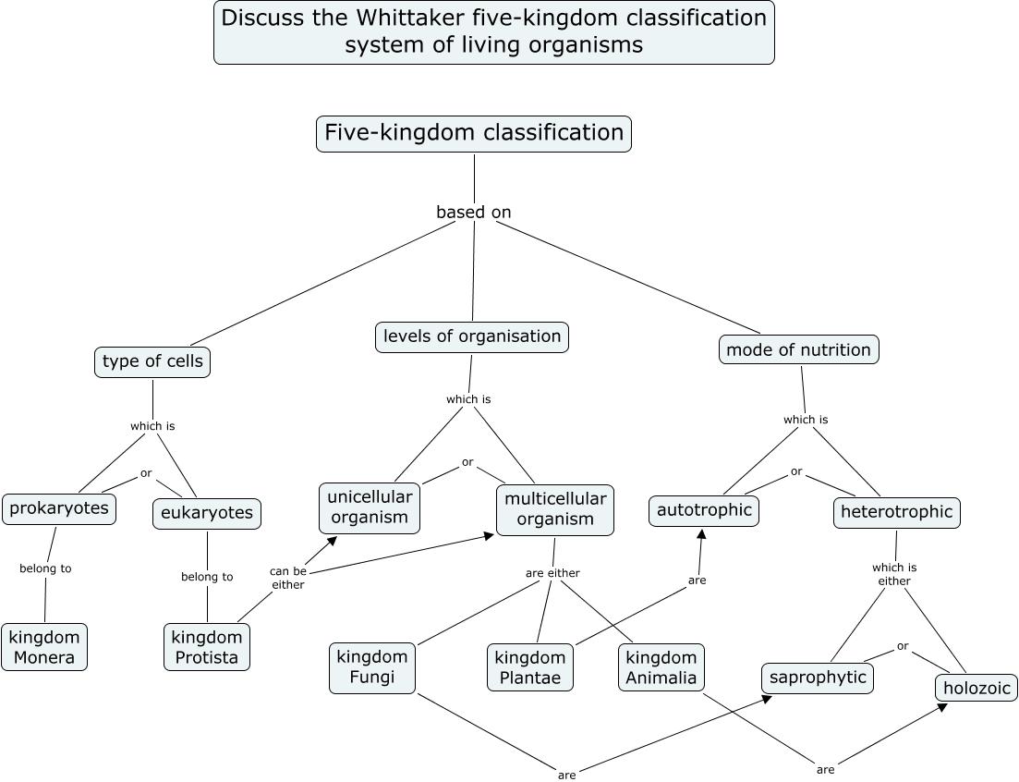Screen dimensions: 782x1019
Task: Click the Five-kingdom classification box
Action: (x=474, y=133)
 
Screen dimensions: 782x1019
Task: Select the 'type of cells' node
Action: (x=152, y=361)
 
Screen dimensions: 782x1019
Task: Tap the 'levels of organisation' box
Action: (x=472, y=336)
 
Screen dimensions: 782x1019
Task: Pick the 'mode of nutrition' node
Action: (x=798, y=349)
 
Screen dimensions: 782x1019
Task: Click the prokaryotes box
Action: (x=59, y=508)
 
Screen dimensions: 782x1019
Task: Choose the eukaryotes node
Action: (x=207, y=513)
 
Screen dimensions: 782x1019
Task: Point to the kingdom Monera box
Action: (x=44, y=647)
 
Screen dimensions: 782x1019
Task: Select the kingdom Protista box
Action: (x=207, y=647)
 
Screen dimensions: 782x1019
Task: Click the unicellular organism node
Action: (x=370, y=507)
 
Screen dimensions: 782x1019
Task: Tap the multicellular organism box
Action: (x=555, y=508)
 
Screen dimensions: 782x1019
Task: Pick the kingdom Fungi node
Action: (x=372, y=666)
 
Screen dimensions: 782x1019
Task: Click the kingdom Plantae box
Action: (x=530, y=667)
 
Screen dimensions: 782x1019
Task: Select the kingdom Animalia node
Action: (x=661, y=667)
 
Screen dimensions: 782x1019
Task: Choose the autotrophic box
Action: (x=704, y=510)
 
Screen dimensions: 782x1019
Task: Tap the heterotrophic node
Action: (x=896, y=512)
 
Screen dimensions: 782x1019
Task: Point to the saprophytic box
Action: (x=818, y=678)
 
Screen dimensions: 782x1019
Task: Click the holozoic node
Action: (x=977, y=688)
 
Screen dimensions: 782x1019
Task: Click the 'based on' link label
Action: (x=474, y=213)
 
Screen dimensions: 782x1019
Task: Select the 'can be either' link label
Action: (x=288, y=578)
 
